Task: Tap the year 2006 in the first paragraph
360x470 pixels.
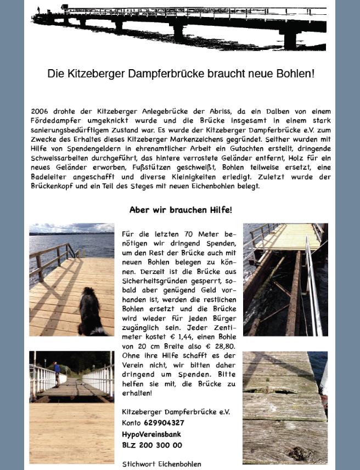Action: (40, 111)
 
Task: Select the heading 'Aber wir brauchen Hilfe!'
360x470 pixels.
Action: (181, 210)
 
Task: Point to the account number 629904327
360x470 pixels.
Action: (164, 423)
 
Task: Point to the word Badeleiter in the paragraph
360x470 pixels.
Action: (50, 177)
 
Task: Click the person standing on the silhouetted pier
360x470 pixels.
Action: (38, 10)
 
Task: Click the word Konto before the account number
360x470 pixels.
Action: (132, 423)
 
